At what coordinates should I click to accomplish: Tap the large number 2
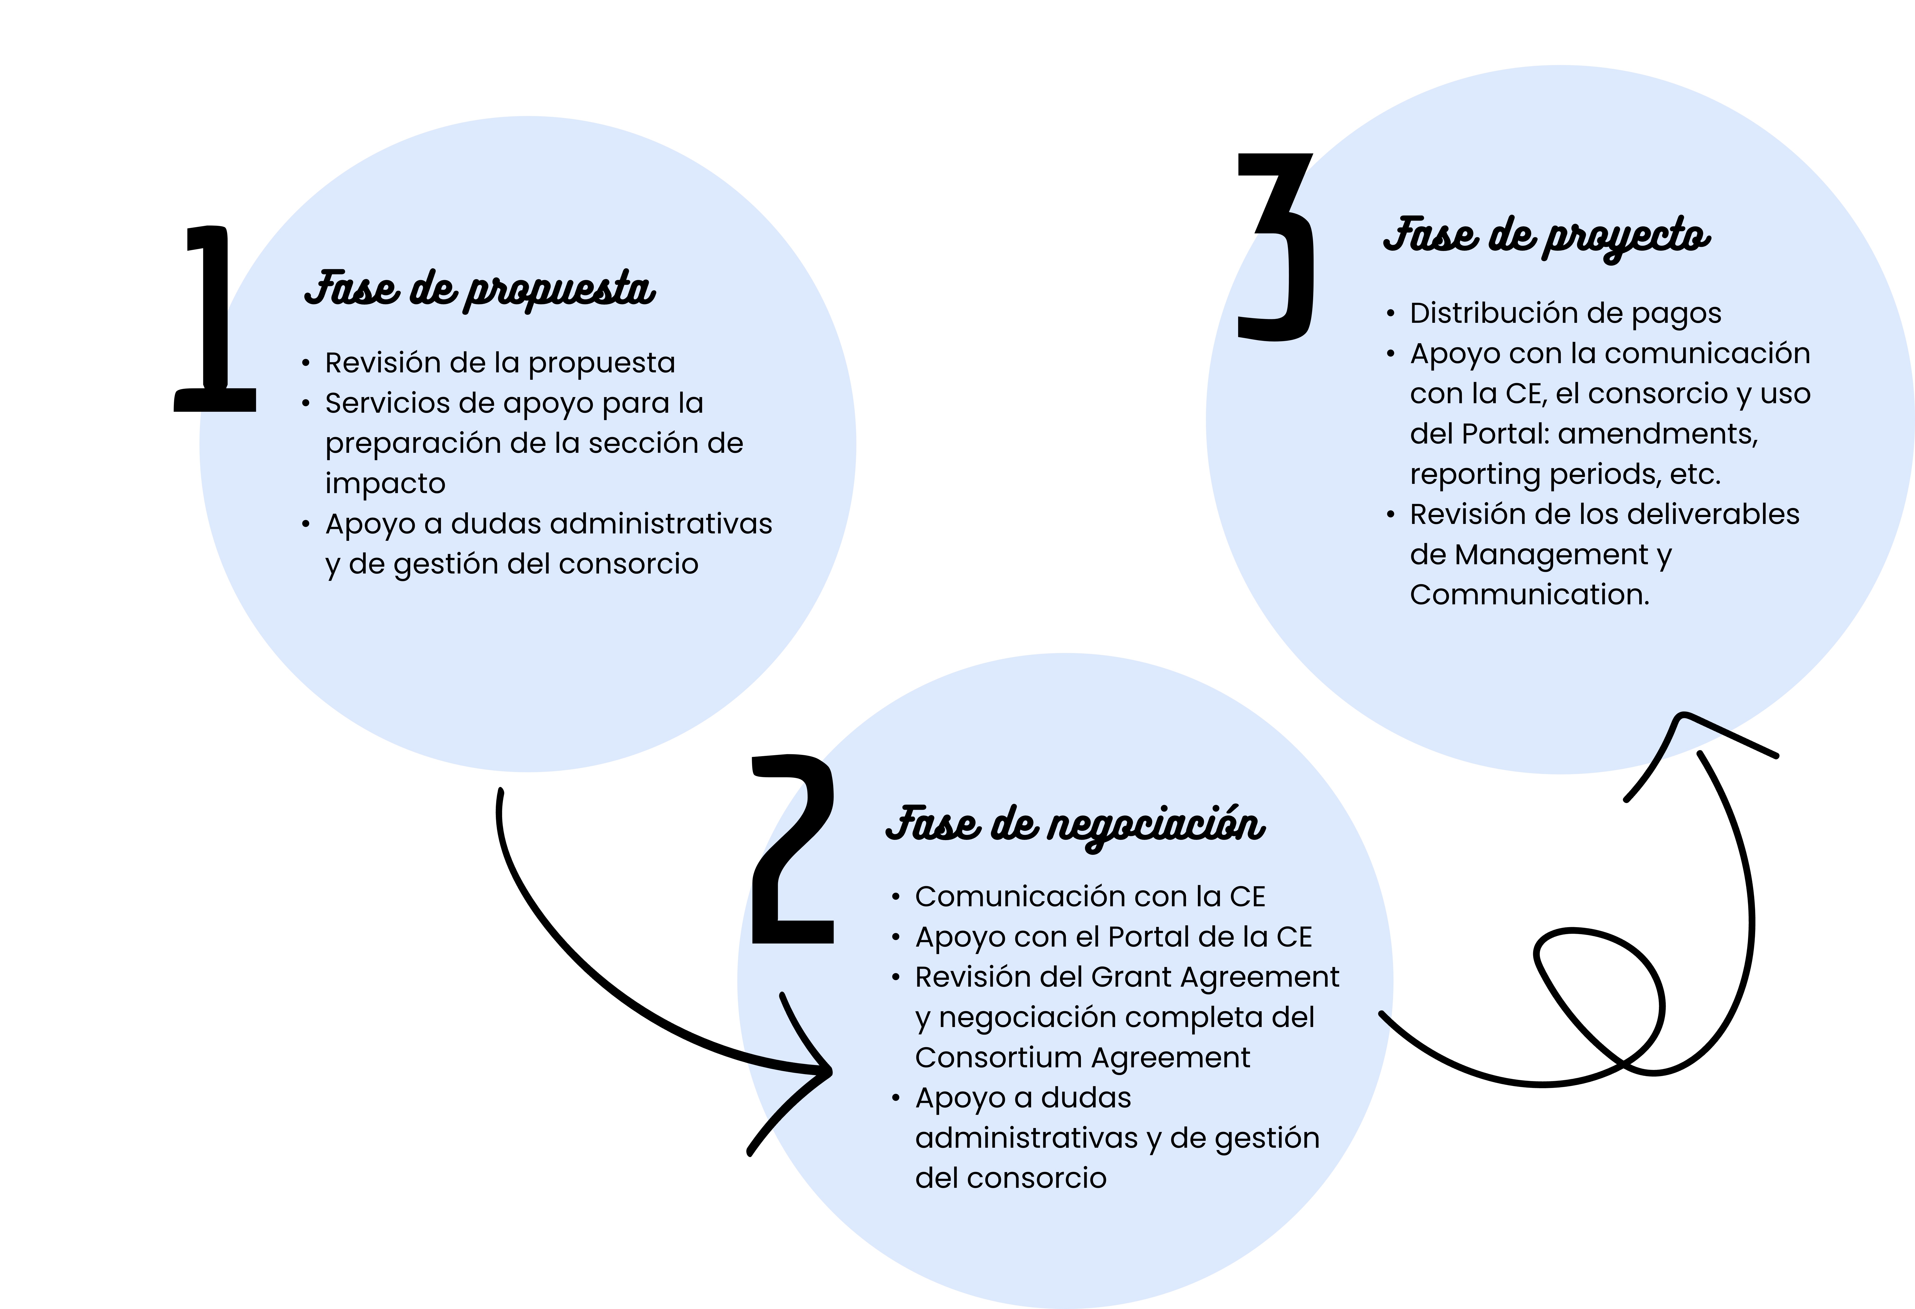point(793,849)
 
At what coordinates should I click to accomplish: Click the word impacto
point(385,484)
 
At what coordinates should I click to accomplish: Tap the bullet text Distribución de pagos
point(1565,313)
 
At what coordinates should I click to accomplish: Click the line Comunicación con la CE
point(1089,897)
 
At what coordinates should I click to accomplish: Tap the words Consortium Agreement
point(1082,1058)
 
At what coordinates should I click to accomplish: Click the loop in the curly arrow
point(1599,997)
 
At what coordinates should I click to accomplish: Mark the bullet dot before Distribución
point(1390,314)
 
